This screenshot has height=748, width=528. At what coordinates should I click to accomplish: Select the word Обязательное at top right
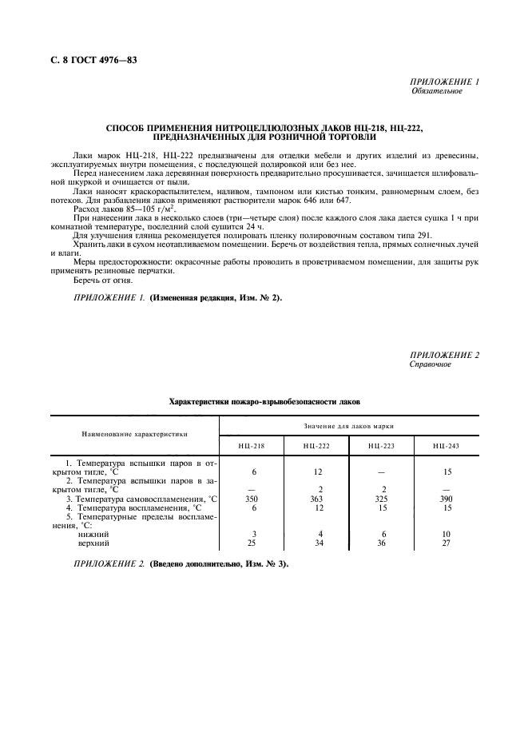[x=436, y=90]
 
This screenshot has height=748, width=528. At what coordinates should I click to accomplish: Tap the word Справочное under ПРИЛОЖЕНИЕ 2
[x=431, y=364]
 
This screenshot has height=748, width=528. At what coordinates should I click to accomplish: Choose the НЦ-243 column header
[x=447, y=445]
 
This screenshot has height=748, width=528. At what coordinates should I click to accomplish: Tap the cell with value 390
[x=447, y=498]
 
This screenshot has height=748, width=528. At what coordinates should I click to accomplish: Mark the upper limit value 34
[x=318, y=543]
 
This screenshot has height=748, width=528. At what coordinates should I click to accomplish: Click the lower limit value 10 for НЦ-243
[x=447, y=534]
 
